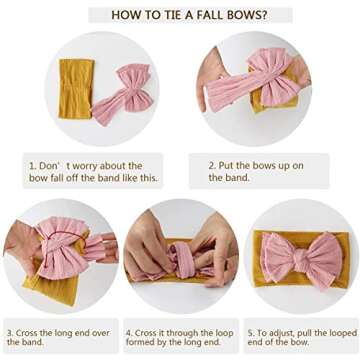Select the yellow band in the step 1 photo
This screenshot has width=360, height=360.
pos(76,89)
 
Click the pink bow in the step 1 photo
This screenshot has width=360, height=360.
pos(124,94)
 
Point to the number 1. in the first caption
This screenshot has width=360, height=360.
pos(33,166)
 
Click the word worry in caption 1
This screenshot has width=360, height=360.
pos(85,166)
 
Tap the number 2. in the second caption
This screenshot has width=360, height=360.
pos(212,166)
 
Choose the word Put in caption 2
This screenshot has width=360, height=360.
pos(226,166)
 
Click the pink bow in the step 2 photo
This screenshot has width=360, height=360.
pos(257,80)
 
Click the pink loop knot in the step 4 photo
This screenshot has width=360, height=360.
pos(183,261)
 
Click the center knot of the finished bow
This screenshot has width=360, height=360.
pos(302,259)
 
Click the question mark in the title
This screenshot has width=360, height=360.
pos(264,15)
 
